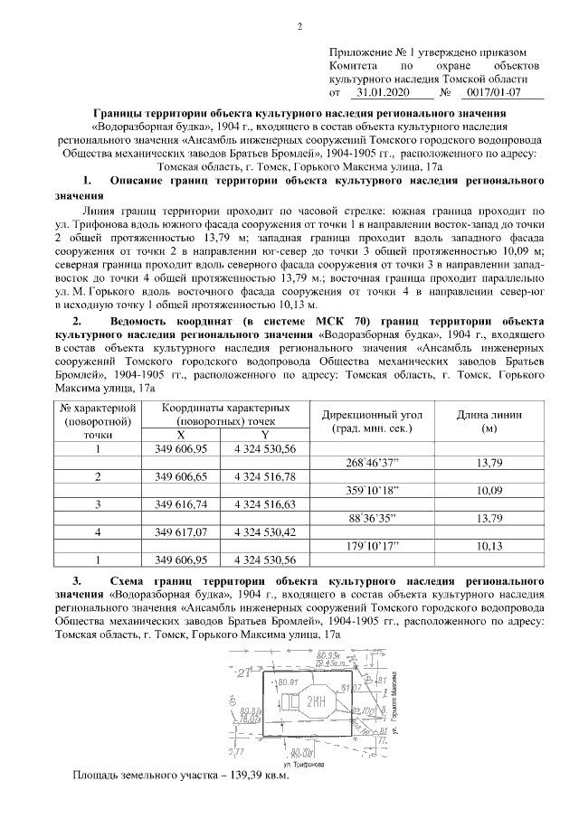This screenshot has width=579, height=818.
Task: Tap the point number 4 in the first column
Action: point(97,531)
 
